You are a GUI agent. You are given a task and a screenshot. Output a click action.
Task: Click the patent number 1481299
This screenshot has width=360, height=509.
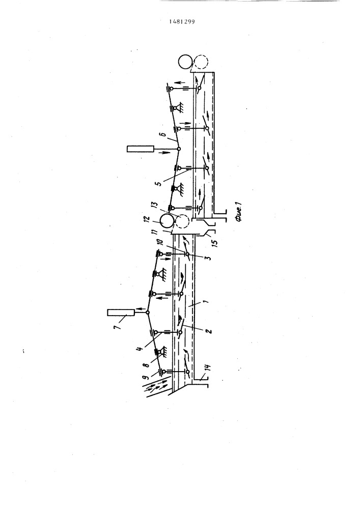[182, 22]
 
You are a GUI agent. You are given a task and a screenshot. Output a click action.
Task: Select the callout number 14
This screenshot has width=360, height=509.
[208, 368]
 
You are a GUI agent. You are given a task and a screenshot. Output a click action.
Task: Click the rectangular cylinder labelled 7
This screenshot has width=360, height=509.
[121, 313]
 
